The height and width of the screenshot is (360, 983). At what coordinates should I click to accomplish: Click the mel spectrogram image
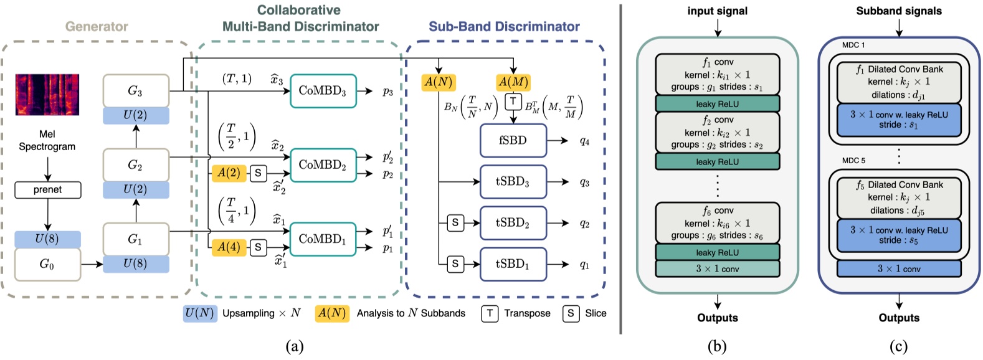(x=47, y=95)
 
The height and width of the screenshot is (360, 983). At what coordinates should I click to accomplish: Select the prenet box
(x=48, y=189)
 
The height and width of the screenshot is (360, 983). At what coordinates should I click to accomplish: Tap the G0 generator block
(x=47, y=264)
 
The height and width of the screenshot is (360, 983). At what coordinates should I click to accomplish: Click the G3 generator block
(x=135, y=91)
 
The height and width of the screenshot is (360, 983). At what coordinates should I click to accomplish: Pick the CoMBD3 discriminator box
(x=323, y=90)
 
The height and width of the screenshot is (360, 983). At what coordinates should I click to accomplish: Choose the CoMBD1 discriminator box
(x=323, y=239)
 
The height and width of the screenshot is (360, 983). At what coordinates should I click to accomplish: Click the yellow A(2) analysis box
(x=229, y=173)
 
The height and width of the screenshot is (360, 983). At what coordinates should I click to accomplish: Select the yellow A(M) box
(x=513, y=82)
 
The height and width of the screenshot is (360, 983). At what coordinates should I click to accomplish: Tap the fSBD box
(x=513, y=141)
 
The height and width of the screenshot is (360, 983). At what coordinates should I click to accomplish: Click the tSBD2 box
(x=513, y=223)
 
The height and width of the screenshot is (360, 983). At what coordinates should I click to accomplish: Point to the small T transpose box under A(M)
(x=513, y=102)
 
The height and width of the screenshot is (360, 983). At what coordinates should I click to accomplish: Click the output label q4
(x=584, y=141)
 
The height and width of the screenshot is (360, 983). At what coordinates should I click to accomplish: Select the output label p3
(x=387, y=91)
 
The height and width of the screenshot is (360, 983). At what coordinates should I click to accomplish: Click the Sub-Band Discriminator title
(x=504, y=27)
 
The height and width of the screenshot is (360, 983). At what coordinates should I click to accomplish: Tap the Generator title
(x=97, y=27)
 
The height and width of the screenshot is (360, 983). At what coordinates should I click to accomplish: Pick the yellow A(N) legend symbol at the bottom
(x=332, y=313)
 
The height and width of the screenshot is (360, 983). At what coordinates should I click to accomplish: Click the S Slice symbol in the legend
(x=571, y=313)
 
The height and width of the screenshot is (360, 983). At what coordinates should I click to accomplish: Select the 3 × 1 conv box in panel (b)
(x=717, y=269)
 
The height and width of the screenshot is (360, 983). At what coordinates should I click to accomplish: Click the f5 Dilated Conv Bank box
(x=899, y=197)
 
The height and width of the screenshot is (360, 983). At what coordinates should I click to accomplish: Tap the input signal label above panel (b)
(x=717, y=11)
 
